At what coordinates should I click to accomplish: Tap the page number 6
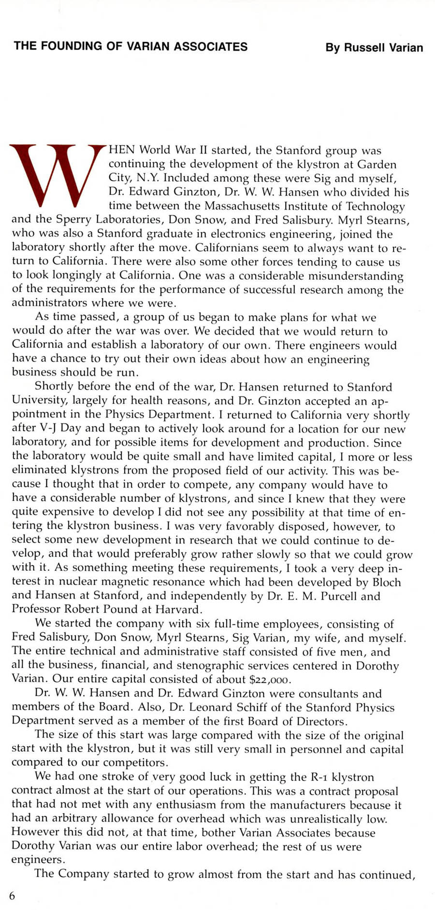tap(12, 895)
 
